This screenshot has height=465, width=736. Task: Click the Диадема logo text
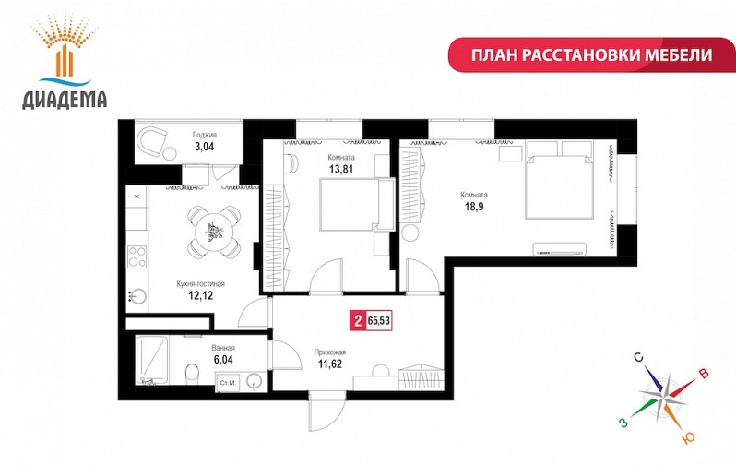pos(65,100)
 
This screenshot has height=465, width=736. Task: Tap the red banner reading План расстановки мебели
pos(591,55)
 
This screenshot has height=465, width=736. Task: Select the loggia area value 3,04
pos(204,147)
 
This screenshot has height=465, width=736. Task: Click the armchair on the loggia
pos(152,143)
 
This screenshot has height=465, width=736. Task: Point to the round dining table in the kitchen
pos(214,232)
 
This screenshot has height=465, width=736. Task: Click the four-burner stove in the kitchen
pos(137,256)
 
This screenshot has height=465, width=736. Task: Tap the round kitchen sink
pos(137,297)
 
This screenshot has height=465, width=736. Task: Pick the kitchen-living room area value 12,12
pos(200,295)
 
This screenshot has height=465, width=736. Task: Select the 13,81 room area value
pos(341,169)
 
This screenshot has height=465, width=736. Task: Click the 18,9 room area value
pos(474,207)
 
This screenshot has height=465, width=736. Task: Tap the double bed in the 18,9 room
pos(559,180)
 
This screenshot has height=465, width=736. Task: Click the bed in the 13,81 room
pos(357,204)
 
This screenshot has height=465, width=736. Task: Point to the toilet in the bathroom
pos(192,374)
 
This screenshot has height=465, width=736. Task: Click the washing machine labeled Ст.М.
pos(228,383)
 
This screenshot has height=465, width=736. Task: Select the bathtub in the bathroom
pos(151,360)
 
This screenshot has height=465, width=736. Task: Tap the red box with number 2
pos(358,321)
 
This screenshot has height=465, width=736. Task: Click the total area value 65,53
pos(379,321)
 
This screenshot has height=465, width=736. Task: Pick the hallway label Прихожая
pos(330,352)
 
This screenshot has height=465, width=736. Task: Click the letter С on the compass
pos(638,358)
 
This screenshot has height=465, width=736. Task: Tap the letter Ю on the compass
pos(688,438)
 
